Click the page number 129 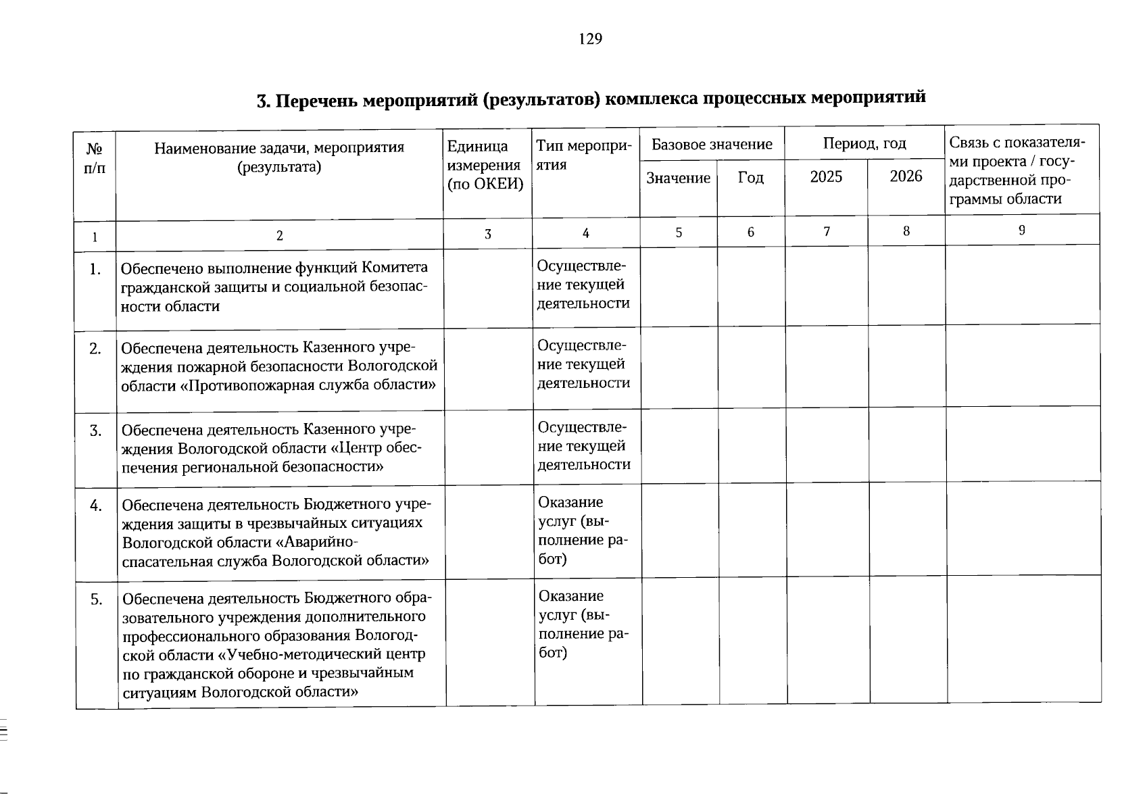click(x=590, y=39)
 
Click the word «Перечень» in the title click(x=316, y=101)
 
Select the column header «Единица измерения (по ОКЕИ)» click(x=486, y=166)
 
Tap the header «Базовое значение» click(x=712, y=144)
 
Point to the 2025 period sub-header click(x=826, y=177)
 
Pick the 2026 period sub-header click(x=906, y=176)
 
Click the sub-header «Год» click(x=750, y=178)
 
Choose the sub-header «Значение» click(x=678, y=178)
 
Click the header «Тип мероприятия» click(x=584, y=155)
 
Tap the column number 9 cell click(x=1021, y=230)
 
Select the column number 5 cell click(x=679, y=232)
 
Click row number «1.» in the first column click(x=95, y=270)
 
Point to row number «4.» click(x=96, y=506)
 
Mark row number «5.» click(x=97, y=599)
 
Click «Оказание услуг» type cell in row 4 click(x=581, y=531)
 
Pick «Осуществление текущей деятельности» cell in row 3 click(x=584, y=446)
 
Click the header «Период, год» click(x=864, y=143)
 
